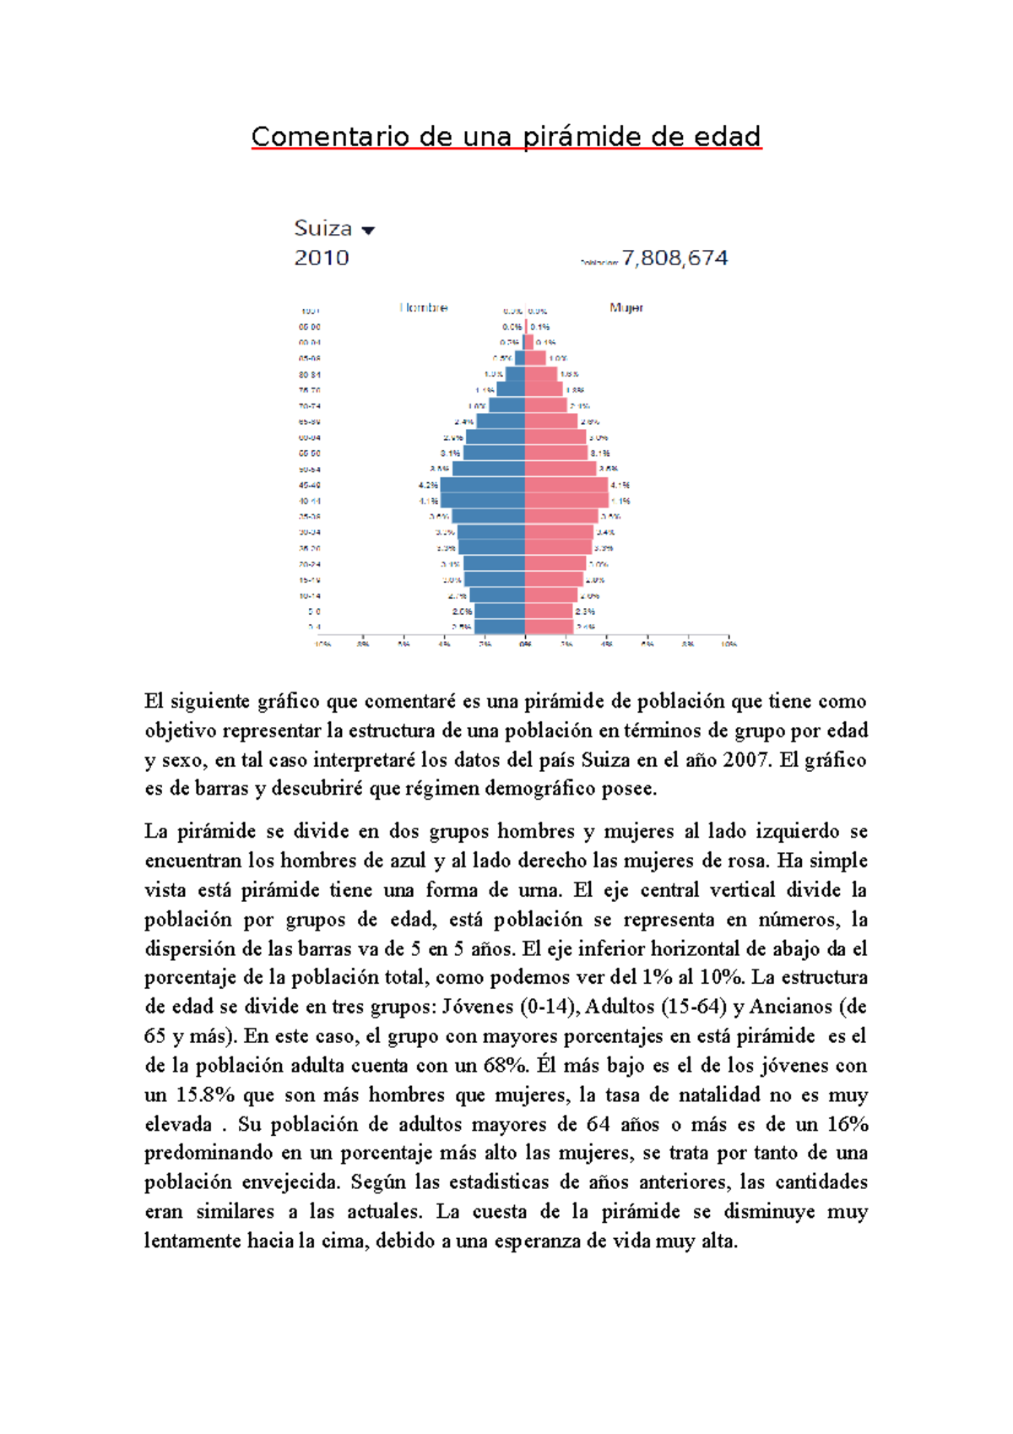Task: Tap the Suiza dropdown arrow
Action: click(367, 230)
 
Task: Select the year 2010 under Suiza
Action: click(322, 258)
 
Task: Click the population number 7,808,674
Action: click(674, 258)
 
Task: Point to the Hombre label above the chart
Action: click(424, 307)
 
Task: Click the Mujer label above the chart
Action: click(626, 307)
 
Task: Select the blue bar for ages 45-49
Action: click(482, 485)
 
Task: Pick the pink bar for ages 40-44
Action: click(566, 501)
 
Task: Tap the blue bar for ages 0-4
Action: click(499, 627)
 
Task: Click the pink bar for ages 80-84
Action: click(541, 374)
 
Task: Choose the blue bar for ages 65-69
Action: click(501, 421)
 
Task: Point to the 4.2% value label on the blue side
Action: click(428, 485)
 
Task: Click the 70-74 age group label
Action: click(309, 406)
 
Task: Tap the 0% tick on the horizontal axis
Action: click(525, 644)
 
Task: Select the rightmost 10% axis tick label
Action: click(729, 644)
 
